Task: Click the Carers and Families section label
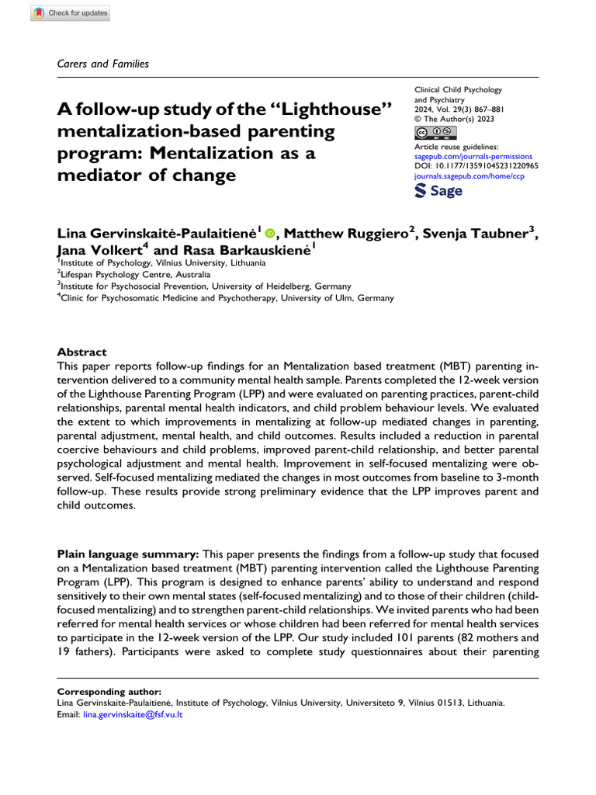pos(103,64)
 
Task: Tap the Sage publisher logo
pos(439,190)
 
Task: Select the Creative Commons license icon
pos(435,132)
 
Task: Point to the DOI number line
pos(476,166)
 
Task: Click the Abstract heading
pos(82,352)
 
